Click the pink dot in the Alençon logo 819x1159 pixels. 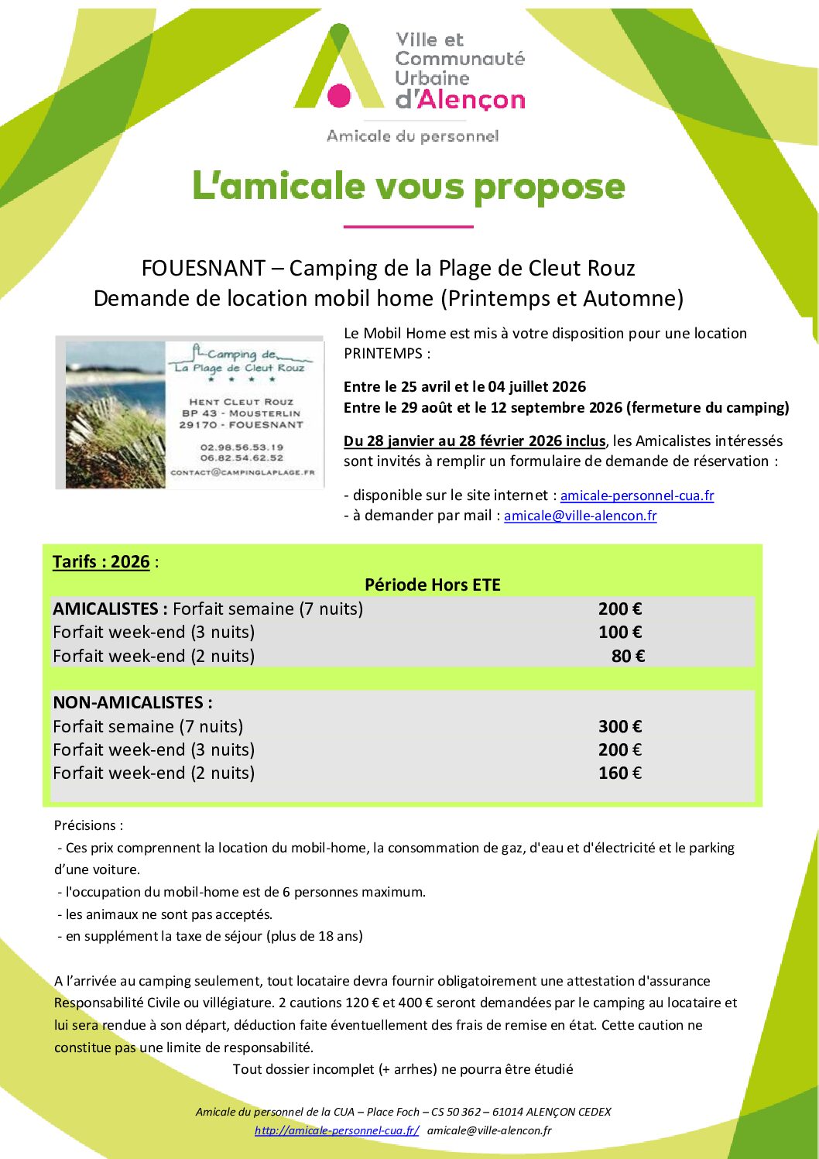(339, 95)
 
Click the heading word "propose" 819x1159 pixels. (549, 187)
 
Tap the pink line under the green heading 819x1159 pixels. (408, 227)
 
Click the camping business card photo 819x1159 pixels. (190, 413)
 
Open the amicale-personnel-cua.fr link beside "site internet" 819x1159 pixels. (636, 495)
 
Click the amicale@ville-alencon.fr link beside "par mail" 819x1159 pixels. (580, 516)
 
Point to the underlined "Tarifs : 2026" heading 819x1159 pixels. (101, 562)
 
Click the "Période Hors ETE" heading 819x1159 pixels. (432, 585)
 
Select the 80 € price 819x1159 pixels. (628, 657)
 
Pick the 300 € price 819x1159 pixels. (619, 726)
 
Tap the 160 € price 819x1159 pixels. (619, 773)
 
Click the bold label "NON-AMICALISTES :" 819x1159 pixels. (132, 703)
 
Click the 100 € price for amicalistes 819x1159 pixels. (619, 633)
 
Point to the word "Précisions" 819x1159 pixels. (85, 825)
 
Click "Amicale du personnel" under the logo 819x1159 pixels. (413, 136)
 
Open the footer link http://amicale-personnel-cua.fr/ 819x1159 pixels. (337, 1130)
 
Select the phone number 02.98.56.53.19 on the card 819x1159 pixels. (242, 447)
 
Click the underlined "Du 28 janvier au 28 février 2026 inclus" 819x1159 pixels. (475, 441)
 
